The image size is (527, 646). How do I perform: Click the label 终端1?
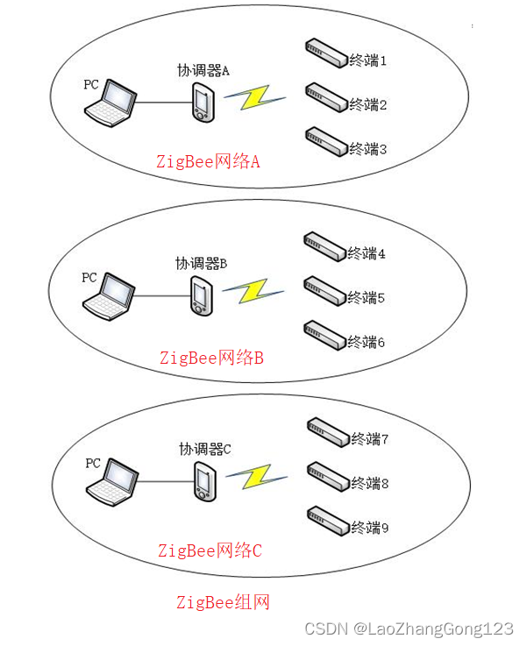368,60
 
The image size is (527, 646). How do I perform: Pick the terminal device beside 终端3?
325,138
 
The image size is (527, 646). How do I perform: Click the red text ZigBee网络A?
209,162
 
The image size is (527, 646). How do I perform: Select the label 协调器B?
201,263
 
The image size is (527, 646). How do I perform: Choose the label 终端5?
367,298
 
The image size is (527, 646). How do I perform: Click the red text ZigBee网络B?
211,358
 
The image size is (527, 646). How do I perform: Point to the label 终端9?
370,528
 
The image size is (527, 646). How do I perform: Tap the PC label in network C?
94,462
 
